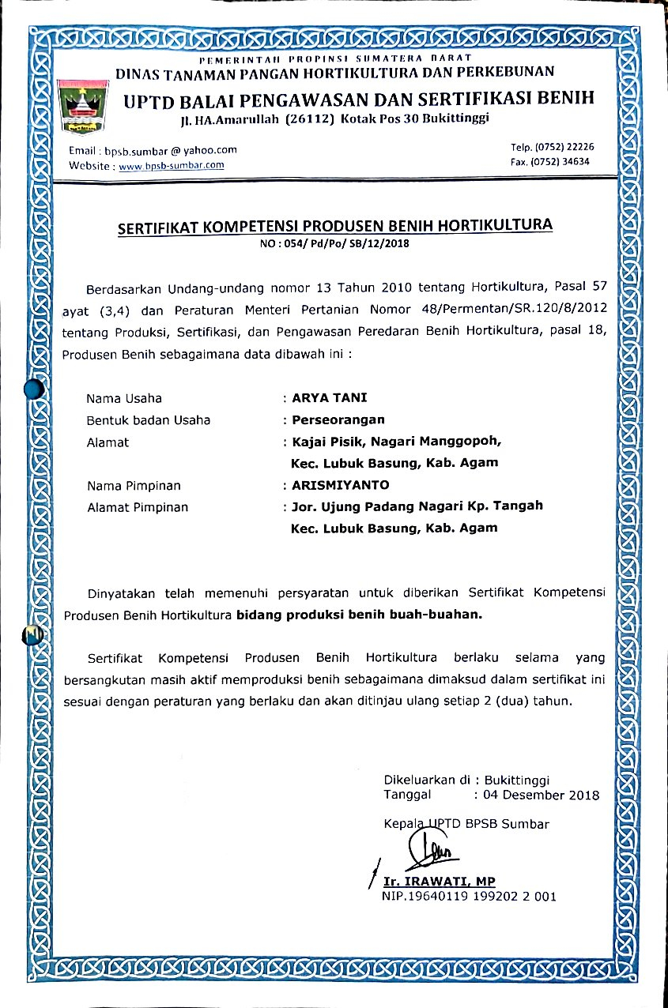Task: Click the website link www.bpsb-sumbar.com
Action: tap(171, 165)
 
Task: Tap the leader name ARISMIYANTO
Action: tap(341, 485)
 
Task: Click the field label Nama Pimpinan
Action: tap(134, 486)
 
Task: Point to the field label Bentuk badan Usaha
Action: tap(149, 420)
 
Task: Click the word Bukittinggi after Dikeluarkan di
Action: tap(518, 780)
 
